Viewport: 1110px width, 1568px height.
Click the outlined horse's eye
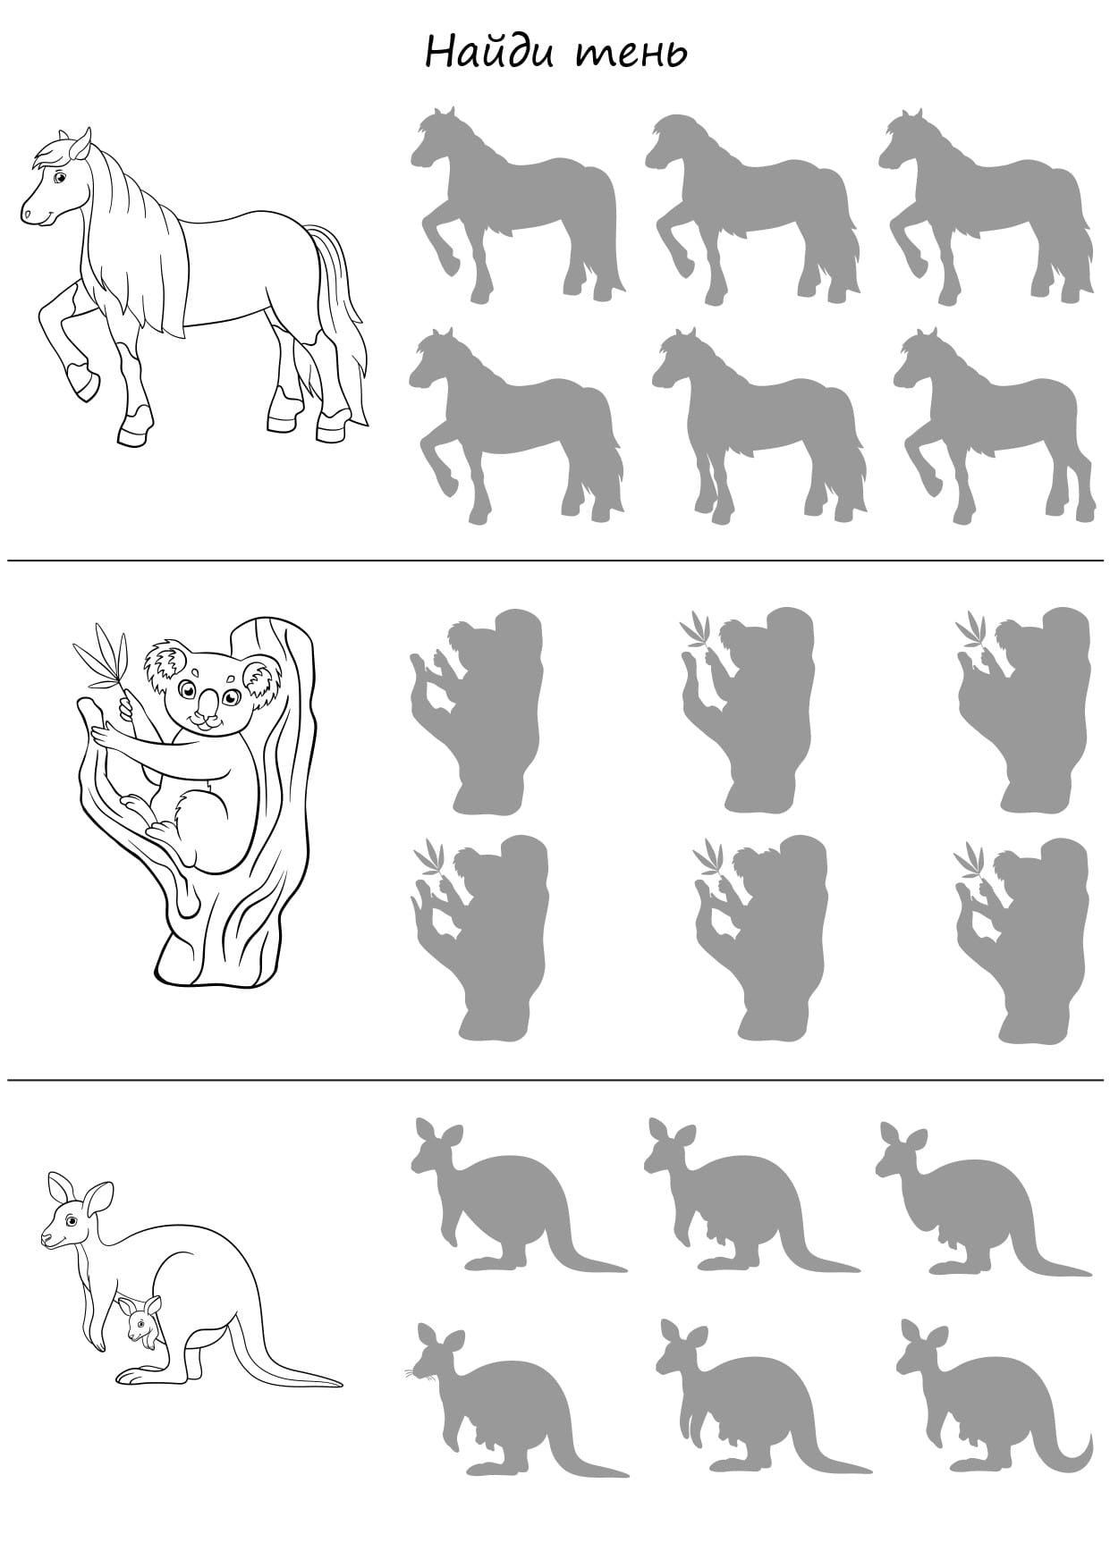pos(60,178)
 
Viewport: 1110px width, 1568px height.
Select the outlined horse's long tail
pos(338,313)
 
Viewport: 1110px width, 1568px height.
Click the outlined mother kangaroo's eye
pos(64,1221)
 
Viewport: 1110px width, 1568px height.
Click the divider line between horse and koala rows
pos(555,561)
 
